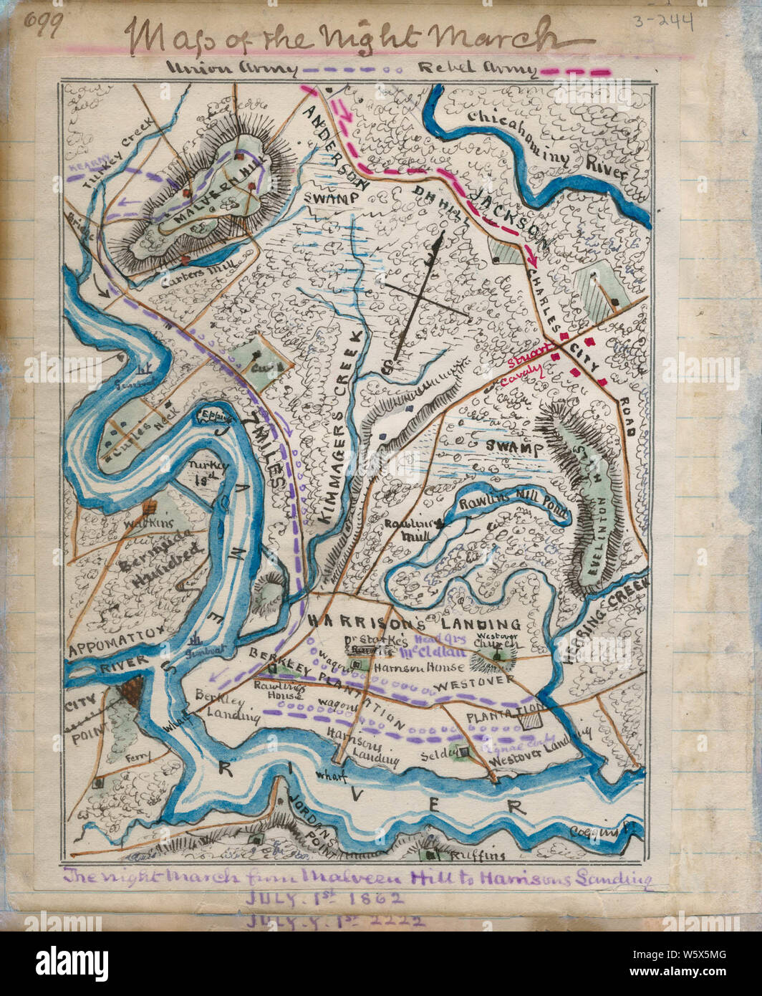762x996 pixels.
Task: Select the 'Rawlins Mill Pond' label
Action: click(512, 507)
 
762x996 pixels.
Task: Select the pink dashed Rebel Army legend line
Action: click(575, 72)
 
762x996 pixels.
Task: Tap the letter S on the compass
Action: click(386, 366)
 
